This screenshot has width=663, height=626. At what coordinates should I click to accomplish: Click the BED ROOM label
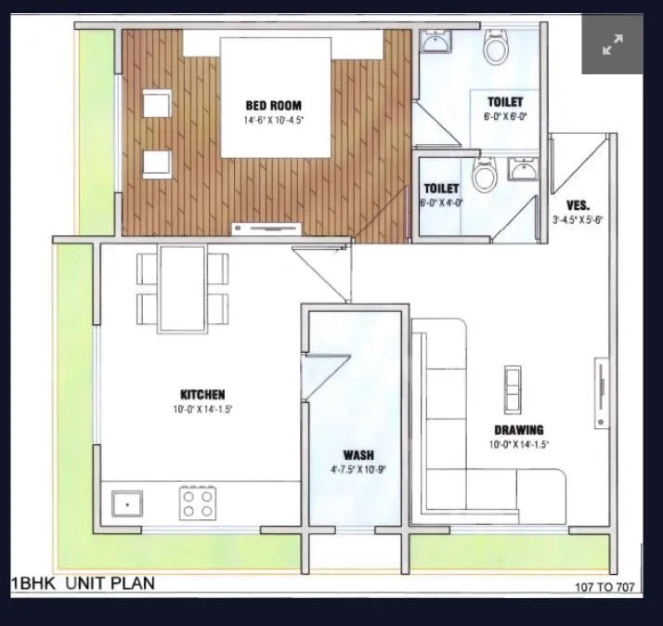tap(274, 106)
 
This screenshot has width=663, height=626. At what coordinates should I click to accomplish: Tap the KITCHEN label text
tap(202, 395)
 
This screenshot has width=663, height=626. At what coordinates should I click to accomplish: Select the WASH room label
tap(357, 455)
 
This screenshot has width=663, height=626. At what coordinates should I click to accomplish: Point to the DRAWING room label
tap(518, 430)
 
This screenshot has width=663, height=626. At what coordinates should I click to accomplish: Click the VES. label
tap(578, 205)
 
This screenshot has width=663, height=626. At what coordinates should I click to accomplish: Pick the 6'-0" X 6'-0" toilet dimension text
tap(505, 117)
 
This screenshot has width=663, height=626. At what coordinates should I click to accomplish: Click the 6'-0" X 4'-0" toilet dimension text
tap(442, 202)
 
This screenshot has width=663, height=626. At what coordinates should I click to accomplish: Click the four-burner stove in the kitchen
tap(195, 503)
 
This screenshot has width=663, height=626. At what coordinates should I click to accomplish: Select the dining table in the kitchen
tap(183, 288)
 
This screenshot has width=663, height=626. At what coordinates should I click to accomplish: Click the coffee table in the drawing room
tap(513, 388)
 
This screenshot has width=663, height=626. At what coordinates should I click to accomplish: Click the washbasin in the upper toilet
tap(434, 42)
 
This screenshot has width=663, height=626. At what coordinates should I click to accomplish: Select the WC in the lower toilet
tap(484, 175)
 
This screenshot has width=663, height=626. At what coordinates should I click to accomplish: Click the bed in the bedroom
tap(276, 97)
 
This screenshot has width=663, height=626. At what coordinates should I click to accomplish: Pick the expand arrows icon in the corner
tap(612, 45)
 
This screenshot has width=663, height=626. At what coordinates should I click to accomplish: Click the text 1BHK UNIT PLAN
tap(83, 583)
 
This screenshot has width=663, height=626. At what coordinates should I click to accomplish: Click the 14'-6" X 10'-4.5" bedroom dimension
tap(274, 121)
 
